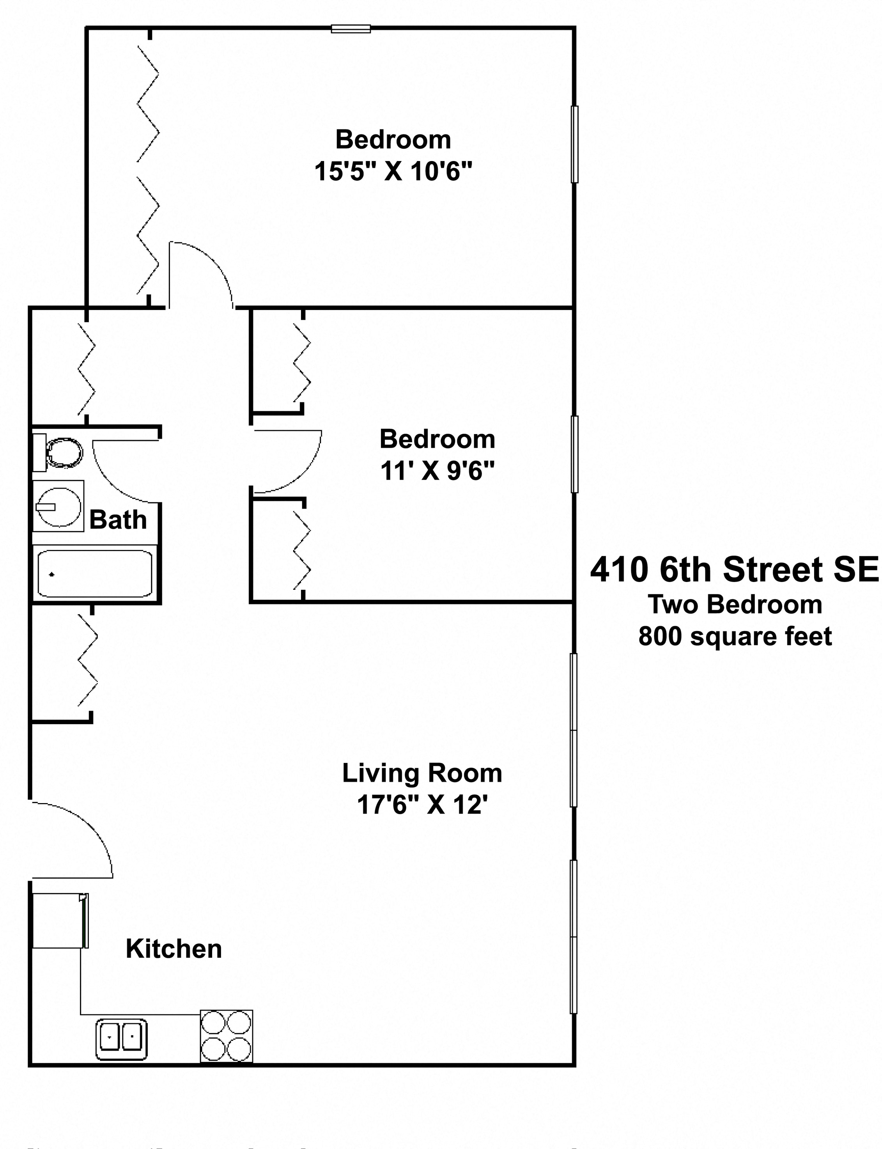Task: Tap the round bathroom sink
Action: click(58, 506)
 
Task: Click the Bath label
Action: click(118, 520)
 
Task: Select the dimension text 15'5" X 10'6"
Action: click(393, 171)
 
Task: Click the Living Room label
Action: click(422, 773)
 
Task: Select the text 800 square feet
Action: click(735, 637)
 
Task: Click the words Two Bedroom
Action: click(735, 605)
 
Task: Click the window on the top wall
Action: click(351, 29)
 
